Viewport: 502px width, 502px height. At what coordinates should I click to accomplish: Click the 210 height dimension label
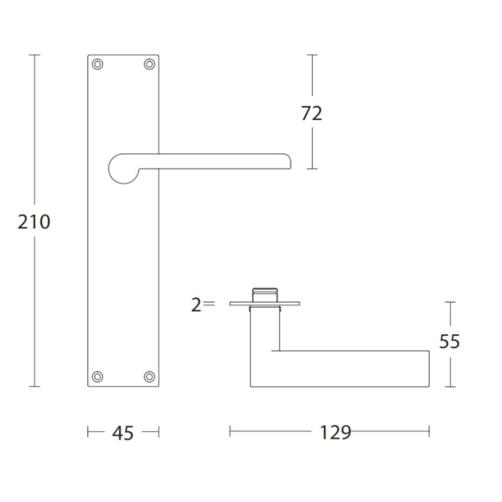tap(34, 222)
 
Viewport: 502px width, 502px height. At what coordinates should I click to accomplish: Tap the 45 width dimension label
tap(123, 433)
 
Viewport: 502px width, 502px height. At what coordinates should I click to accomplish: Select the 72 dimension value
tap(312, 114)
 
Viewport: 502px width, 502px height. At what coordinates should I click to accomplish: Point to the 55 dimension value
tap(449, 342)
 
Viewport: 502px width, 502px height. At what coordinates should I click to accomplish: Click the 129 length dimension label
tap(336, 433)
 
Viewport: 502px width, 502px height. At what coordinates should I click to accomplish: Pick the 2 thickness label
tap(196, 304)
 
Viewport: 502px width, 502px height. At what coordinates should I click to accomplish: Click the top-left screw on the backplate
tap(98, 64)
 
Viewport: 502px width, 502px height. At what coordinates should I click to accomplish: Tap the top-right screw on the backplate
tap(150, 64)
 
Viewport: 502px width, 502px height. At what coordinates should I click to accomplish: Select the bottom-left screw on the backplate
tap(98, 377)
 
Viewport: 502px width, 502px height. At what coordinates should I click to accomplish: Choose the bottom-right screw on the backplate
tap(150, 377)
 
